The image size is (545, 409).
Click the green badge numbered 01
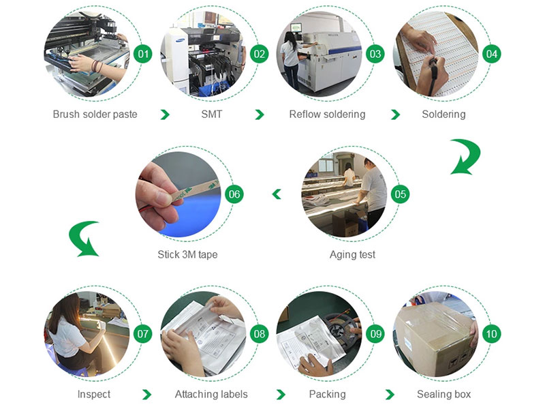143,54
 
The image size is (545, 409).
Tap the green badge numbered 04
491,54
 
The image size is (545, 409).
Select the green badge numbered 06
234,194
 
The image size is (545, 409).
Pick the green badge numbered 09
376,334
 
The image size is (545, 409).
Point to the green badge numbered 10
491,334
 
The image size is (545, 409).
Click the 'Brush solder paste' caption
95,115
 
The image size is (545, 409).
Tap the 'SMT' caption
211,114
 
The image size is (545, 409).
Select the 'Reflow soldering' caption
327,115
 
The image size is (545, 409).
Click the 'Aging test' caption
352,254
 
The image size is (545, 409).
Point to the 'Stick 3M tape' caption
188,254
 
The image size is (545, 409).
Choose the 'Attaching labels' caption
211,394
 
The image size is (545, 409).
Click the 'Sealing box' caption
444,394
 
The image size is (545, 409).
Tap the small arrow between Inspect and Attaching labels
147,395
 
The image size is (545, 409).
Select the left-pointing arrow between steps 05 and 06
277,194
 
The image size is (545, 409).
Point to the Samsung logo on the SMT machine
181,40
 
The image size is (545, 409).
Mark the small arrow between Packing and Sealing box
390,395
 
